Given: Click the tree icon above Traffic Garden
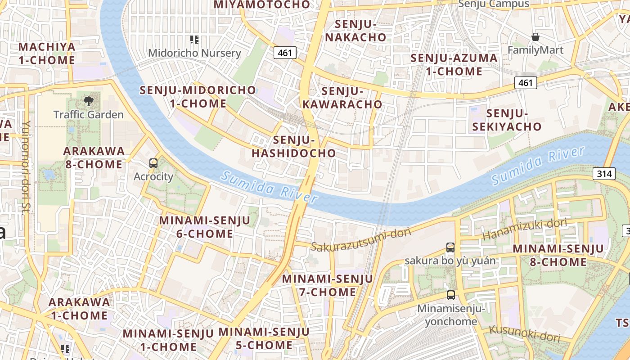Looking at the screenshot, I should click(88, 100).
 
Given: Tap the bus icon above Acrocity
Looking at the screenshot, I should click(153, 163).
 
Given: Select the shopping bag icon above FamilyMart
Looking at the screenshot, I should click(535, 36).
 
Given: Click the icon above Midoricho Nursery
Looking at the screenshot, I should click(194, 40).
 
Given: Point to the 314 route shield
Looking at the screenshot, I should click(604, 173).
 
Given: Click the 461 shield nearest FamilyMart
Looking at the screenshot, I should click(525, 82).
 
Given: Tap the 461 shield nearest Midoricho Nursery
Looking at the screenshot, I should click(285, 53).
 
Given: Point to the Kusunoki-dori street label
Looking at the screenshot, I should click(525, 333).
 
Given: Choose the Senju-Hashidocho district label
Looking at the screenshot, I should click(294, 147).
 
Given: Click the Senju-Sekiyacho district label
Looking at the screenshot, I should click(507, 120).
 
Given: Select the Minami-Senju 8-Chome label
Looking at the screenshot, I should click(558, 255).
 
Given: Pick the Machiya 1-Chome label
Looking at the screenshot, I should click(47, 54).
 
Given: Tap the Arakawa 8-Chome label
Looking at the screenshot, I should click(94, 157).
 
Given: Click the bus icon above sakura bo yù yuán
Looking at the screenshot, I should click(450, 247).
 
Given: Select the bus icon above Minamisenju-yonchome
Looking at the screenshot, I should click(451, 295).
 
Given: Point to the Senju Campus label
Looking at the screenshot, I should click(494, 4).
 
